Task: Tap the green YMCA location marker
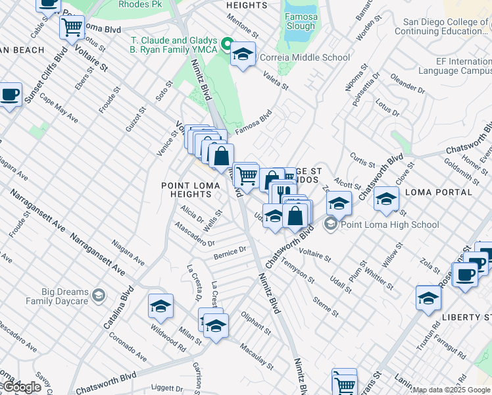[228, 45]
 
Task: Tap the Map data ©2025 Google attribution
[451, 390]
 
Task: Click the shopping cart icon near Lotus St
[72, 28]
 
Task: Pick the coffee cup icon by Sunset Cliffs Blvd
[10, 94]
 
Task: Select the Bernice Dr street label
[229, 251]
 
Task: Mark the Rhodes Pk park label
[139, 4]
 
